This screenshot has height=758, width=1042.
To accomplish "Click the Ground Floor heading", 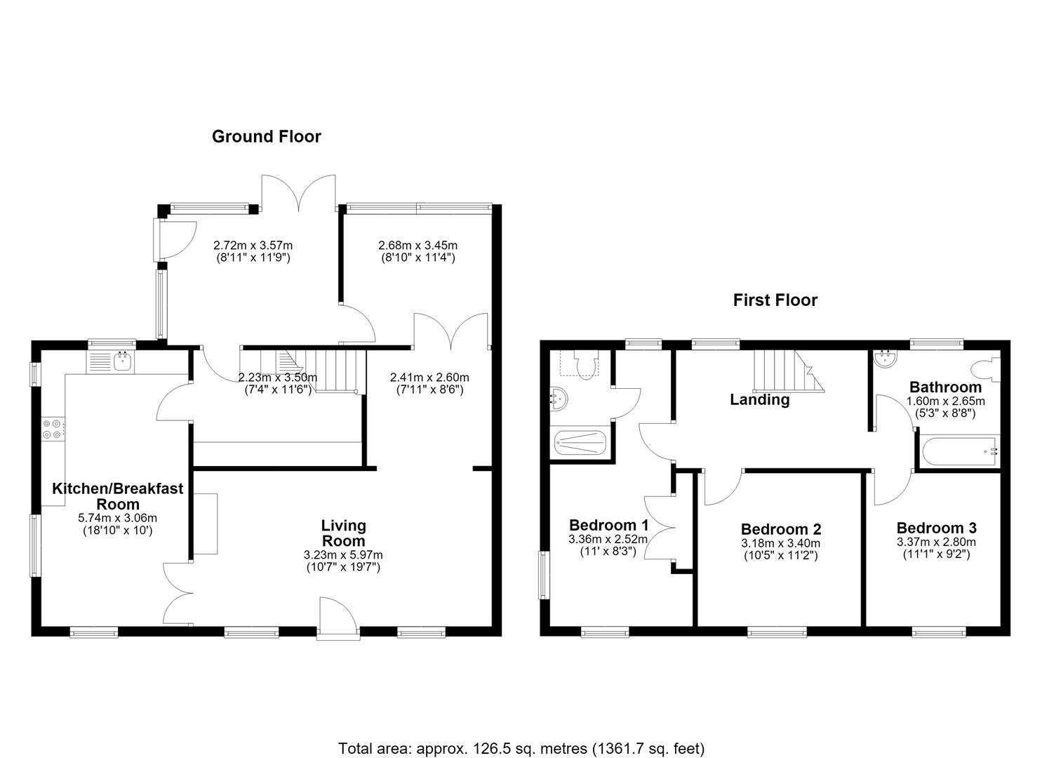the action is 267,137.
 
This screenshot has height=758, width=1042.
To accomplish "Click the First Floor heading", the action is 775,300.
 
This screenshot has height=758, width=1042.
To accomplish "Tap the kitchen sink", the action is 122,361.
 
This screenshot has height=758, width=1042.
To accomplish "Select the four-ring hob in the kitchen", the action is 52,429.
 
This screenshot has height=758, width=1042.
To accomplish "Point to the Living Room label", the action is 343,533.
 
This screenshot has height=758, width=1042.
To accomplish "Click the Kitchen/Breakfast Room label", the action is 118,496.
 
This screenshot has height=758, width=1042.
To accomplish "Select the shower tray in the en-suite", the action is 580,442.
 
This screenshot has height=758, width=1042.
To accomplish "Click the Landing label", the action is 760,400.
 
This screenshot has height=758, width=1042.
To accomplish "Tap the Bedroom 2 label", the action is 780,529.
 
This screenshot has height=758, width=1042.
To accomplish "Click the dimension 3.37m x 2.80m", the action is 936,542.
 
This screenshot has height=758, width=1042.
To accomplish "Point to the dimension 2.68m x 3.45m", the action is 418,245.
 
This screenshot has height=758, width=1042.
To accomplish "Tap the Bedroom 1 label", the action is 608,526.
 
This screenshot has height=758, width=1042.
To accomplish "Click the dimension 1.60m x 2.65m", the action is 945,401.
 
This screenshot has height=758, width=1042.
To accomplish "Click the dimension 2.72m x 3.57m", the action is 253,245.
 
